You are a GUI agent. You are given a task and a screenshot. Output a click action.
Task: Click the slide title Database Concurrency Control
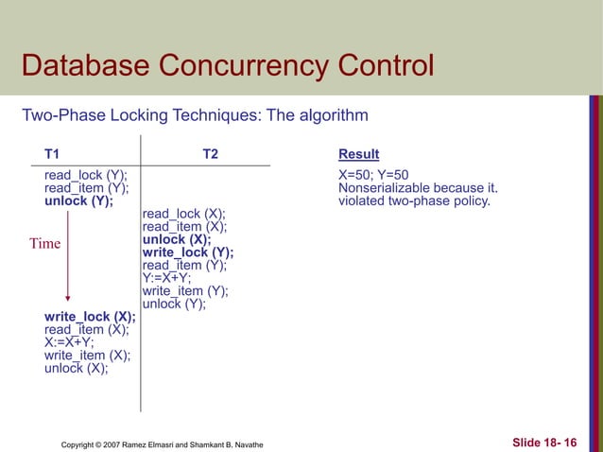pos(227,67)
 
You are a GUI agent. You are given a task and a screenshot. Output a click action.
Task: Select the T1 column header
pos(51,154)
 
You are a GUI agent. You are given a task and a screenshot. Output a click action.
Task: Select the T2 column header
pos(211,154)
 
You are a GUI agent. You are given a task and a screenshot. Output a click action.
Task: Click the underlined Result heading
pos(358,154)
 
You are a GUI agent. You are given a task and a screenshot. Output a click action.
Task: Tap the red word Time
pos(44,244)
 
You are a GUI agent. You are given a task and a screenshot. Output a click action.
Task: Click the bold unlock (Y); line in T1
pos(78,200)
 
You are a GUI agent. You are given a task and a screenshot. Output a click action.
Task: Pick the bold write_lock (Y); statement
pos(187,252)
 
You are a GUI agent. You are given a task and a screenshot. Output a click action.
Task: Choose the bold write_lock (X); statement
pos(89,317)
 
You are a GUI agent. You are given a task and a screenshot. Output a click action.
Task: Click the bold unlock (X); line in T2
pos(176,239)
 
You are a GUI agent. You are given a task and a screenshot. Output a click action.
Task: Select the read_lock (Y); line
pos(85,175)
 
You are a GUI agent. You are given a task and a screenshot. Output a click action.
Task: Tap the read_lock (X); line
pos(183,214)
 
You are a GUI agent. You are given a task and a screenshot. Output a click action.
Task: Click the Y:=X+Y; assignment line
pos(166,278)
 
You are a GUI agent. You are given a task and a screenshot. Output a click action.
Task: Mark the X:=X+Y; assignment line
pos(76,342)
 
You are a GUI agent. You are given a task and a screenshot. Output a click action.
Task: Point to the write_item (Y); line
pos(184,291)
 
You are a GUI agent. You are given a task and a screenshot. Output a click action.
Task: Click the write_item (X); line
pos(87,356)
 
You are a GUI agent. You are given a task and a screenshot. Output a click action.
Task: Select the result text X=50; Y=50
pos(373,175)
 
